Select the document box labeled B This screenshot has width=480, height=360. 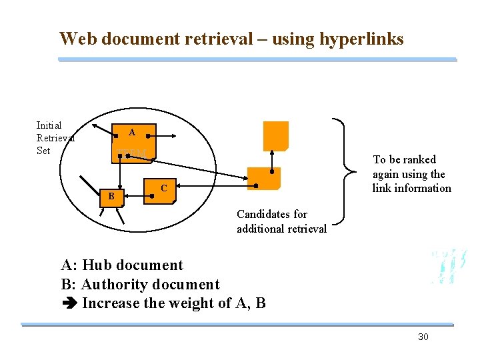(x=112, y=196)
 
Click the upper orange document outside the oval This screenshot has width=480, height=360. (x=275, y=135)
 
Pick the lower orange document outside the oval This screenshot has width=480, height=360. (x=264, y=178)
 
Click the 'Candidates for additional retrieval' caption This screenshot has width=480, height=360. (x=281, y=221)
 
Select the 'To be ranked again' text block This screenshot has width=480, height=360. (x=411, y=173)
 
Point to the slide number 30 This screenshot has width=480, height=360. (x=423, y=337)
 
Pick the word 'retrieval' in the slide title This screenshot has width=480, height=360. (x=210, y=39)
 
